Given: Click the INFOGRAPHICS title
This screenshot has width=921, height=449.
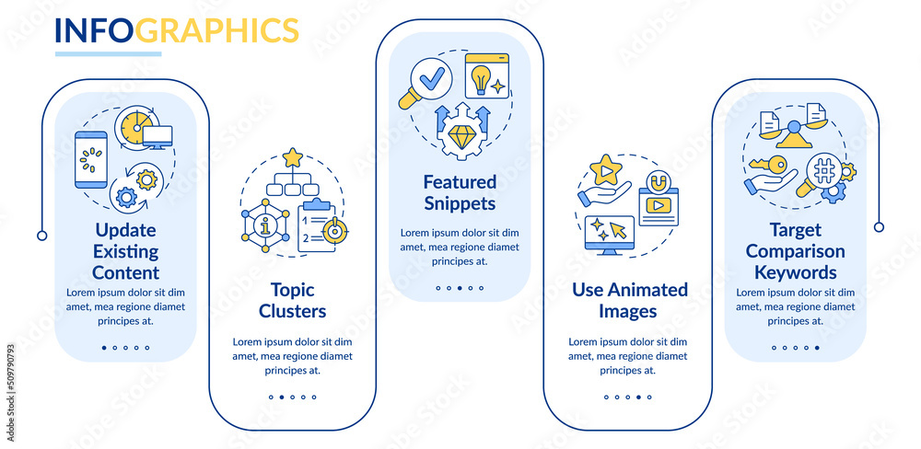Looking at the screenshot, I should click(x=177, y=29).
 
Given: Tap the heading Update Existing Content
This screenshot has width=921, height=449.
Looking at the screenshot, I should click(x=125, y=251).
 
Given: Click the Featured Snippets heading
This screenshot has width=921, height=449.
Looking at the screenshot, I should click(x=460, y=191).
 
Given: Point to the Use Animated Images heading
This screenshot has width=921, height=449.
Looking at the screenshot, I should click(x=630, y=300).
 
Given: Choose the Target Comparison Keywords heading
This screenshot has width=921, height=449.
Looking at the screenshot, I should click(x=795, y=251).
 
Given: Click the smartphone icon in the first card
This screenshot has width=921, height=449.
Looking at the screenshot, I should click(x=91, y=159).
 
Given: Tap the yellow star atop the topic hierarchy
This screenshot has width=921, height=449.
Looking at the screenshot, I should click(x=293, y=157).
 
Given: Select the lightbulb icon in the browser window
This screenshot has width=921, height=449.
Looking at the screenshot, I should click(x=480, y=79).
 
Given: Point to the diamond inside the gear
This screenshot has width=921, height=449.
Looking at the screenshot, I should click(x=460, y=138).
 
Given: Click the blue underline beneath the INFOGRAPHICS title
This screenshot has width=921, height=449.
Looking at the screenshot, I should click(x=108, y=53).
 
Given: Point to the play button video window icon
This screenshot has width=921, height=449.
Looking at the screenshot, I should click(x=657, y=206).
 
